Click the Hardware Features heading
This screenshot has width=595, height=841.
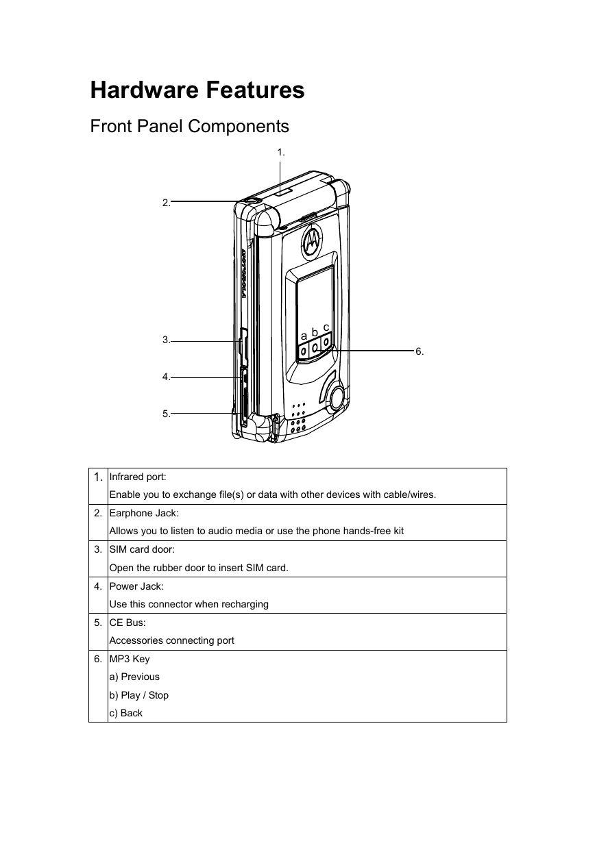pos(197,90)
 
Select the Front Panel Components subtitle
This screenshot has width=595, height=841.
pos(189,126)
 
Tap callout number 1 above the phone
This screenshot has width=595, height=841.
pos(281,153)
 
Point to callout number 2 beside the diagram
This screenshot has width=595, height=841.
pos(166,203)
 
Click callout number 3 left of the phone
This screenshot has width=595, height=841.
pos(166,340)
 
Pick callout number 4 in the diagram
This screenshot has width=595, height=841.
pos(166,377)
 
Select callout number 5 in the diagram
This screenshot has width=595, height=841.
pos(166,414)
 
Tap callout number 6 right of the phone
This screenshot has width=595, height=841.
pos(420,352)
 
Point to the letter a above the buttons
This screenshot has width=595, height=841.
pos(304,335)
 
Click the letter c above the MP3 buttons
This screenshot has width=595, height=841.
pos(326,327)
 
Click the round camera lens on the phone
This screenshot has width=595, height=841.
pos(337,398)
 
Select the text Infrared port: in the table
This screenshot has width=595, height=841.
pos(138,477)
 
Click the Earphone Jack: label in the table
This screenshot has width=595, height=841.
pos(144,513)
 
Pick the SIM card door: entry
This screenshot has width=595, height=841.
pos(142,550)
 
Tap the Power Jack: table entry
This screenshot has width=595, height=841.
pos(136,586)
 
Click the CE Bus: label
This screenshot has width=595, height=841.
pos(127,623)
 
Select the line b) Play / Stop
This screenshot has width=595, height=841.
pos(138,695)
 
